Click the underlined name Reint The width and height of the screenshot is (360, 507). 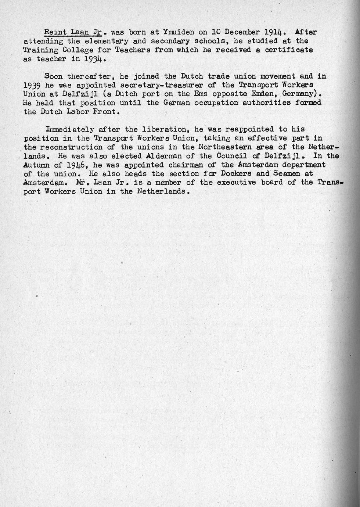coord(55,32)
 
